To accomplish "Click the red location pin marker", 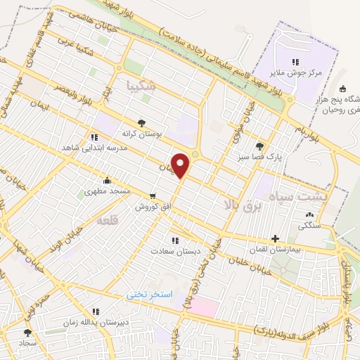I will pyautogui.click(x=181, y=166).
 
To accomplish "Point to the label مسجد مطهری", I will pyautogui.click(x=105, y=191).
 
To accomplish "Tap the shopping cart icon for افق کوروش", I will pyautogui.click(x=153, y=195).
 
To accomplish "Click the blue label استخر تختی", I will pyautogui.click(x=148, y=294).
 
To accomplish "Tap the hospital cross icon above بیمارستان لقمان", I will pyautogui.click(x=275, y=239).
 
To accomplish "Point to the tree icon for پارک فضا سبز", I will pyautogui.click(x=260, y=146).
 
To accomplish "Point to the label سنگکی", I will pyautogui.click(x=309, y=226).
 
